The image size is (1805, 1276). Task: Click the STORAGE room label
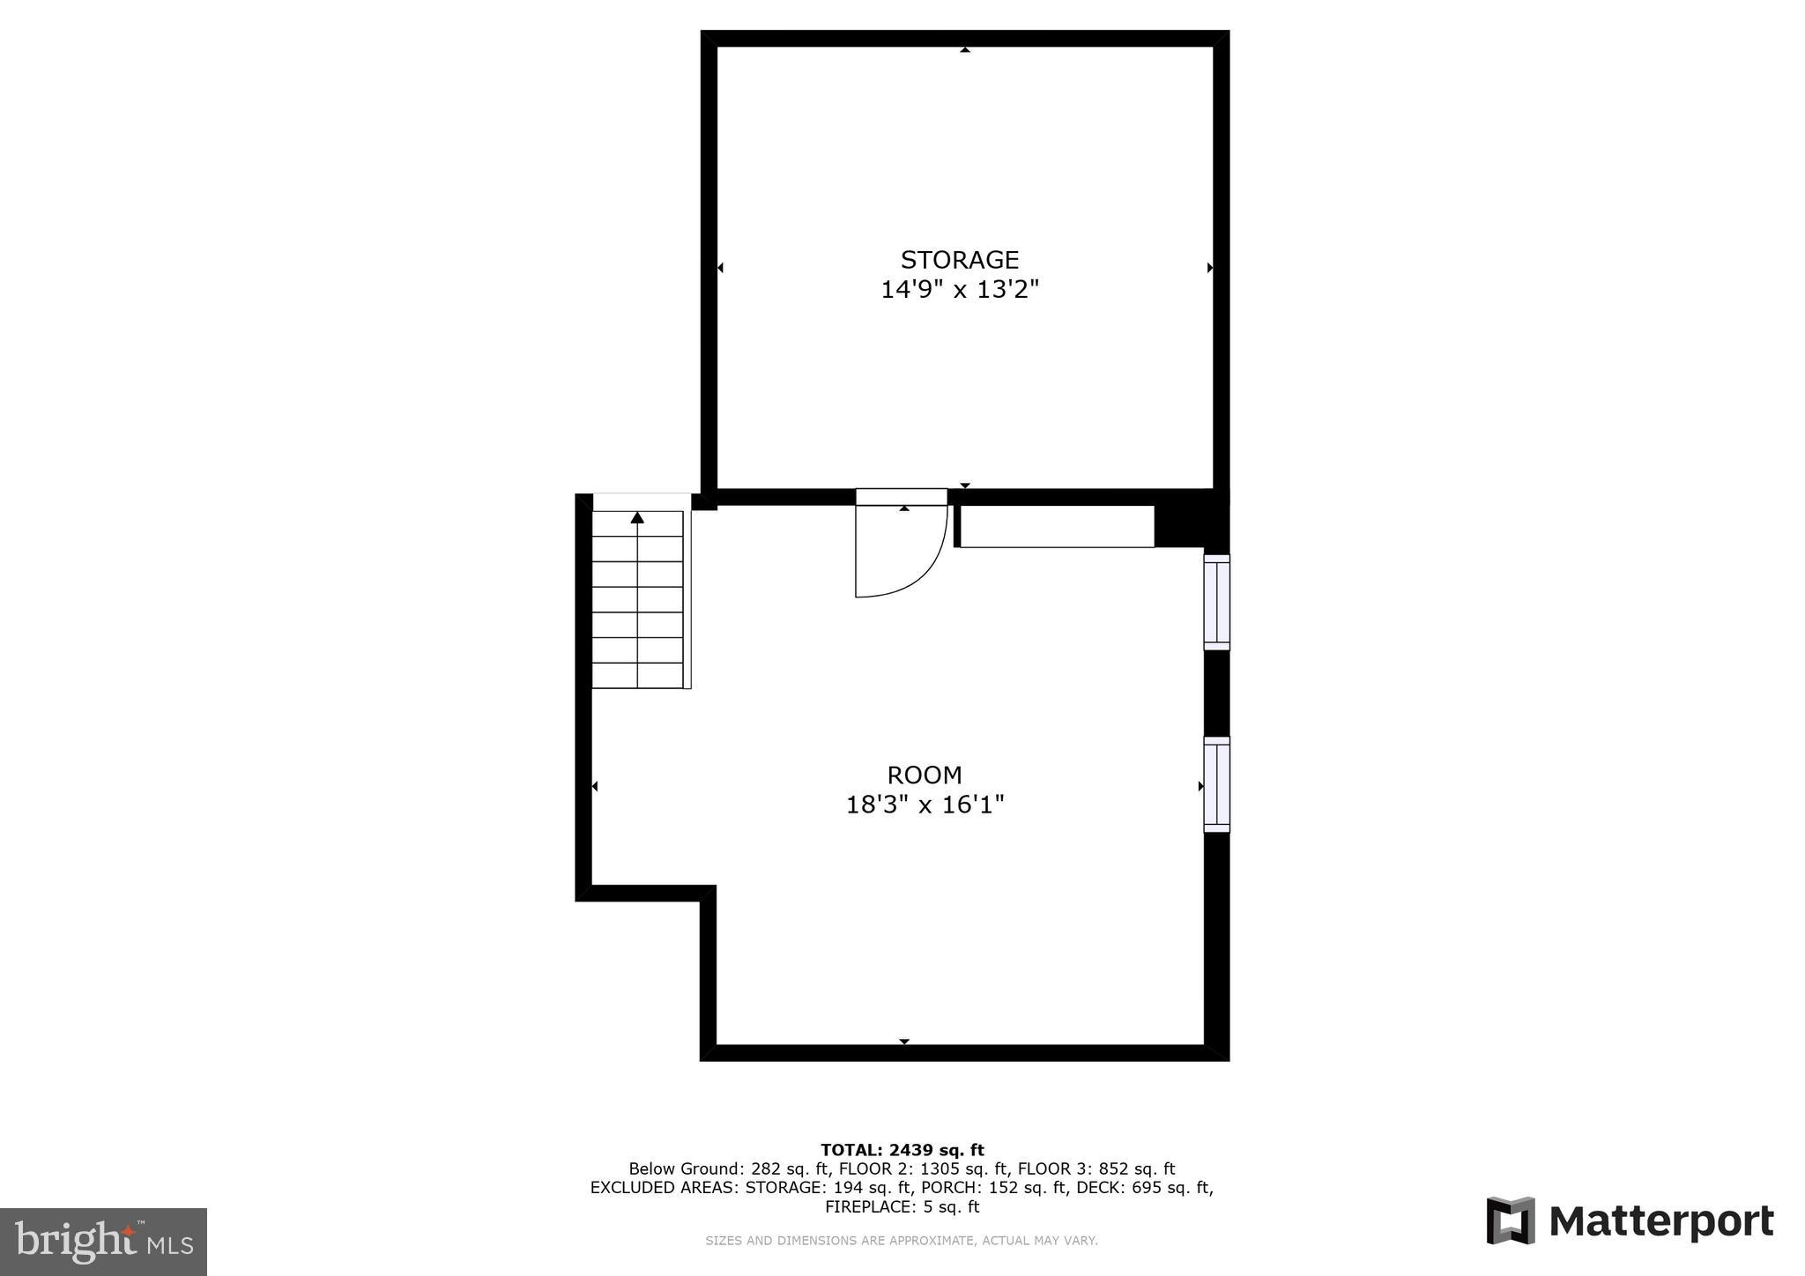coord(959,260)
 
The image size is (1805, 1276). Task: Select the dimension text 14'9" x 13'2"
coord(960,290)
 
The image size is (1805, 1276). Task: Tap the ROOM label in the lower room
coord(924,775)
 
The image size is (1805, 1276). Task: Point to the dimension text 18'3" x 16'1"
coord(925,805)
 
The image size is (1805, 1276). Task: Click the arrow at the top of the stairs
coord(637,518)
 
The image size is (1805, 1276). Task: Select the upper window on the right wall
coord(1216,603)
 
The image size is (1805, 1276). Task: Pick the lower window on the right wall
coord(1216,784)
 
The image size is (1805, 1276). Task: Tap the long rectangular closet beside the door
coord(1056,526)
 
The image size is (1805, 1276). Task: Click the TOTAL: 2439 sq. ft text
coord(902,1150)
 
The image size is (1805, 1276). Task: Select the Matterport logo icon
coord(1511,1220)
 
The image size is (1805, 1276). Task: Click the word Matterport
coord(1660,1222)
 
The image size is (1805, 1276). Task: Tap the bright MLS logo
coord(104,1243)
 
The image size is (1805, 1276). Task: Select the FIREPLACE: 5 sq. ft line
coord(902,1207)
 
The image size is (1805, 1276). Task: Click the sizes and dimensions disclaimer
coord(901,1241)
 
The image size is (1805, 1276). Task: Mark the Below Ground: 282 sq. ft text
coord(728,1169)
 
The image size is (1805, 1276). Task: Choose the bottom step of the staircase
coord(637,676)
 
